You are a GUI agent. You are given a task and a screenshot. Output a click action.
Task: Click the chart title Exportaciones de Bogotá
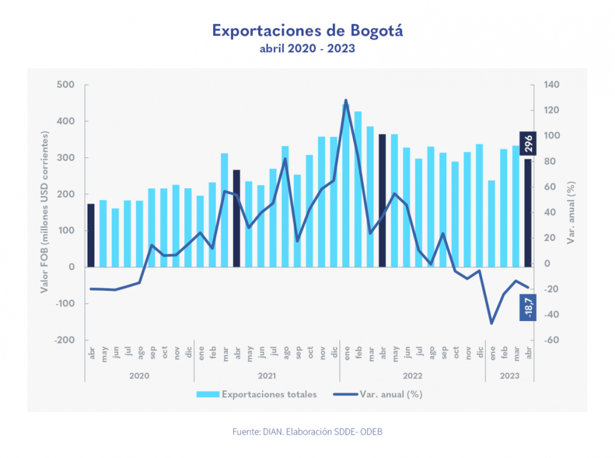point(307,30)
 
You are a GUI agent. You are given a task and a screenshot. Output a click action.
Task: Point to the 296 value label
point(527,145)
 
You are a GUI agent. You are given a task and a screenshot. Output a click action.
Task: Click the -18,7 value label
point(527,307)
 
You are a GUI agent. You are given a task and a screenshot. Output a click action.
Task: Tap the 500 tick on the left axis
point(66,85)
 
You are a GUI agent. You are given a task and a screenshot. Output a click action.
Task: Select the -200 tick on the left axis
point(64,340)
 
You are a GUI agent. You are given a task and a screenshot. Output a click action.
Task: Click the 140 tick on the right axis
point(551,85)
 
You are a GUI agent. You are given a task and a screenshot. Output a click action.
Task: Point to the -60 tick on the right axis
point(550,340)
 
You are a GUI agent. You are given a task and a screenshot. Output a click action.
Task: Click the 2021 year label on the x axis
point(267,376)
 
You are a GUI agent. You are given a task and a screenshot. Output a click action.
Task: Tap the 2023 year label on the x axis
point(509,376)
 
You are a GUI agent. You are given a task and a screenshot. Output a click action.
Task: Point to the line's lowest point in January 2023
point(492,323)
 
